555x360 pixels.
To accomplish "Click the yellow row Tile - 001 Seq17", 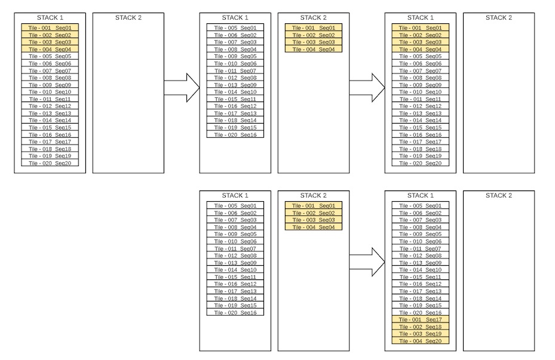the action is tap(421, 319).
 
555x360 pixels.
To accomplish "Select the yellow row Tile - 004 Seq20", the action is tap(421, 341).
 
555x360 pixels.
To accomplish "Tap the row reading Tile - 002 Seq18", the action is tap(421, 327).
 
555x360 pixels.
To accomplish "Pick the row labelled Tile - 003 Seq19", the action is tap(421, 334).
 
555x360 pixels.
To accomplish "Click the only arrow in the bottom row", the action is tap(367, 262).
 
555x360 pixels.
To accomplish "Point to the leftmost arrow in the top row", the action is tap(182, 88).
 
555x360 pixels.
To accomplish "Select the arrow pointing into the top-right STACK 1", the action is tap(367, 88).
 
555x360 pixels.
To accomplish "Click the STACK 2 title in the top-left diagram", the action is tap(128, 18).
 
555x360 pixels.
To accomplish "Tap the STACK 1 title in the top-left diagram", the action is tap(50, 18).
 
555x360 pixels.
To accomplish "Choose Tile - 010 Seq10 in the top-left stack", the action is tap(50, 92).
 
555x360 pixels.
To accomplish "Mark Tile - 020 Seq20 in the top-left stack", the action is tap(50, 163).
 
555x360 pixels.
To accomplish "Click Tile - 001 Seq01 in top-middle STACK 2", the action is tap(314, 27).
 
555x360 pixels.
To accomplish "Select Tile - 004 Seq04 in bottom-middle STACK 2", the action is tap(314, 227).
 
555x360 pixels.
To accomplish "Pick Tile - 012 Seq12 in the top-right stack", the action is tap(421, 106).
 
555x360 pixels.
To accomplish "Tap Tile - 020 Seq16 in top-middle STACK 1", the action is tap(235, 135).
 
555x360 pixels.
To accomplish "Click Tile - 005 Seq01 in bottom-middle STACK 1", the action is tap(235, 205).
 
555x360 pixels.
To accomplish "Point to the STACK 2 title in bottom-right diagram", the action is tap(499, 196).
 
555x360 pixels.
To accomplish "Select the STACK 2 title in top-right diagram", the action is tap(499, 18).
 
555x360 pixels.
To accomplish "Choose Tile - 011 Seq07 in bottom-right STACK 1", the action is tap(421, 248).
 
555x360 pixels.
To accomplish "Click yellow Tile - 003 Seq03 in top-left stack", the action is tap(50, 42).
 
